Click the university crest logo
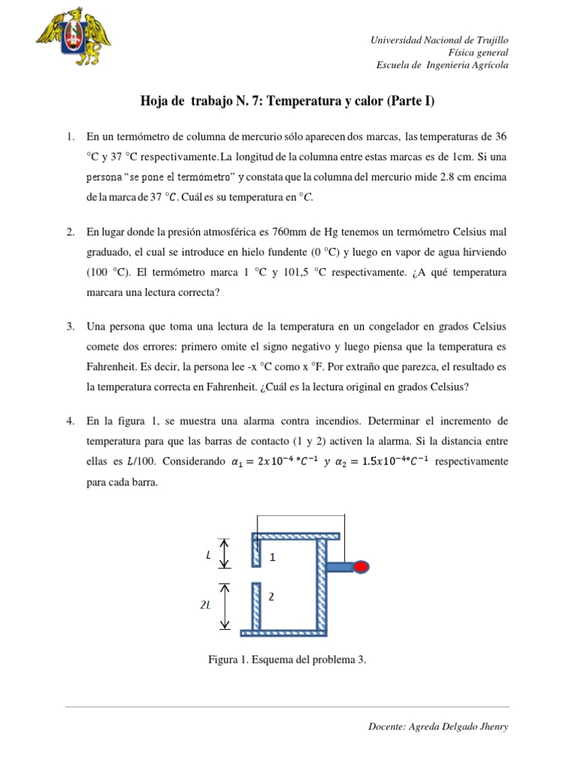tap(73, 38)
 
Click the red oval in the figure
tap(361, 567)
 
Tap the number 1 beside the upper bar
tap(273, 557)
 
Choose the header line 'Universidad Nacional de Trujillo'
tap(439, 40)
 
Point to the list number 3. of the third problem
tap(70, 327)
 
